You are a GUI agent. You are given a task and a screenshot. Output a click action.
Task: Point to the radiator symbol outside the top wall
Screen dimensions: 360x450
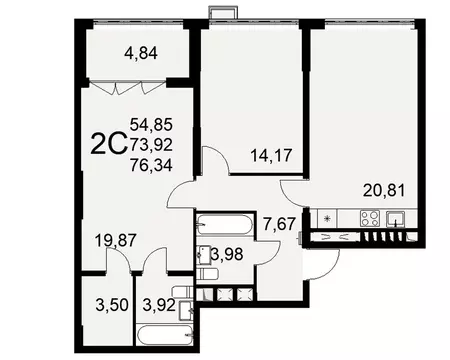[x=222, y=12]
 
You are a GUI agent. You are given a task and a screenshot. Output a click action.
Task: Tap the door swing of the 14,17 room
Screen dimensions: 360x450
[x=213, y=160]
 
